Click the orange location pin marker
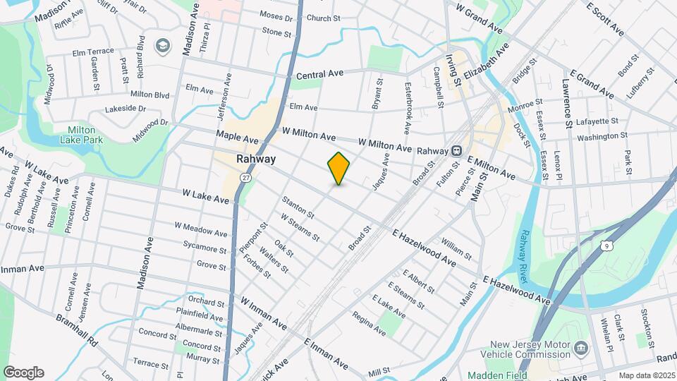coord(339,169)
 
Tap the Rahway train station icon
coord(456,150)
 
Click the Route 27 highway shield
coord(245,176)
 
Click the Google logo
coord(23,373)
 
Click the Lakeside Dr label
coord(125,109)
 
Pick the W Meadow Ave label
coord(201,230)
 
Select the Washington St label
coord(602,135)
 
